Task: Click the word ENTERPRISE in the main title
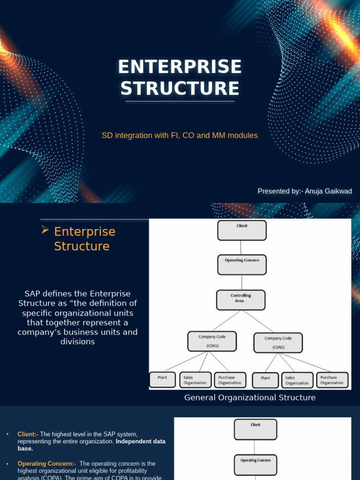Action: coord(180,67)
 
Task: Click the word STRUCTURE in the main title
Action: coord(180,89)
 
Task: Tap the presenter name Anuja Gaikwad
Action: coord(328,191)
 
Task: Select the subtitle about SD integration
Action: coord(180,135)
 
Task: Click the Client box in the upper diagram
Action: coord(242,230)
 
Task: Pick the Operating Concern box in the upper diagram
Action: coord(242,264)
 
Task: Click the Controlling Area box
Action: coord(240,300)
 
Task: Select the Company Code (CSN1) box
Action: coord(212,341)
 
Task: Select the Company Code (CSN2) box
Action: coord(278,342)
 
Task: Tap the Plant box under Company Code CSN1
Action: coord(162,380)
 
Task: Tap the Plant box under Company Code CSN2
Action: coord(265,380)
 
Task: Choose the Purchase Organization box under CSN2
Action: coord(332,380)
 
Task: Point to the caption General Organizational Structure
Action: coord(250,398)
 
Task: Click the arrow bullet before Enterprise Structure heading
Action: coord(45,230)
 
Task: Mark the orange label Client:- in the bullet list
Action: coord(28,435)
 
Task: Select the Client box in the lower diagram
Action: coord(255,429)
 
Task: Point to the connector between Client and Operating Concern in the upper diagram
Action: coord(241,247)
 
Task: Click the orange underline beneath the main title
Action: coord(180,101)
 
